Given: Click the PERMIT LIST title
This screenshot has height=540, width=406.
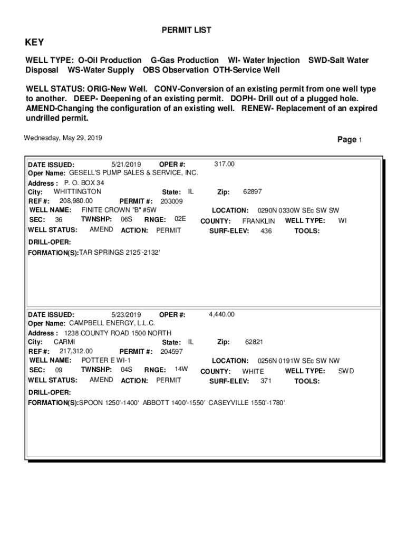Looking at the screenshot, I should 186,31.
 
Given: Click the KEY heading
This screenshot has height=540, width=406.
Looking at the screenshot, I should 35,43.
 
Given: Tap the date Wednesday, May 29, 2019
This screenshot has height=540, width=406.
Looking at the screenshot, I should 63,138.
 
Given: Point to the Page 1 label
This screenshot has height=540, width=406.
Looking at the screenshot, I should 350,140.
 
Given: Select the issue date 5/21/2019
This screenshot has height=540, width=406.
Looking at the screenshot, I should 127,164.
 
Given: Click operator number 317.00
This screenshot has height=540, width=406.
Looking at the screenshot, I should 225,164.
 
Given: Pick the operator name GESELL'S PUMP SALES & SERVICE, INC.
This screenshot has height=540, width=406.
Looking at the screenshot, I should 134,173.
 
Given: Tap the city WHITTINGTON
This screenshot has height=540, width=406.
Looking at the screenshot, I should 78,191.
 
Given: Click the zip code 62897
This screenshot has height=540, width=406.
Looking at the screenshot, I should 253,191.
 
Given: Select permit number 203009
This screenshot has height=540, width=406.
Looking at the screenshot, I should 171,201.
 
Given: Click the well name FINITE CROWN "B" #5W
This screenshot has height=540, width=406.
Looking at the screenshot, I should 119,210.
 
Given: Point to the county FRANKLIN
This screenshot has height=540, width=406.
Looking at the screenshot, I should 258,221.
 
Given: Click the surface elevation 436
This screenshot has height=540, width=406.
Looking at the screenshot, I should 266,231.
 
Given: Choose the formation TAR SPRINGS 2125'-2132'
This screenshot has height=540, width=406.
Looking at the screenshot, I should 119,253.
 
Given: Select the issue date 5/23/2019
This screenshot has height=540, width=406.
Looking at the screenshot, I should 127,315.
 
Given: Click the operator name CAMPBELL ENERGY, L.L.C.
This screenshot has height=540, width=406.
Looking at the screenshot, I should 112,323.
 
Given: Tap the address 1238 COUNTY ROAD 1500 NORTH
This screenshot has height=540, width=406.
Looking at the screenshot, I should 118,333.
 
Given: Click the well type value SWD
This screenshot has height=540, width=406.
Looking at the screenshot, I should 346,371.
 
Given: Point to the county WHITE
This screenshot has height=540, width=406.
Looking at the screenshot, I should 253,371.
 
